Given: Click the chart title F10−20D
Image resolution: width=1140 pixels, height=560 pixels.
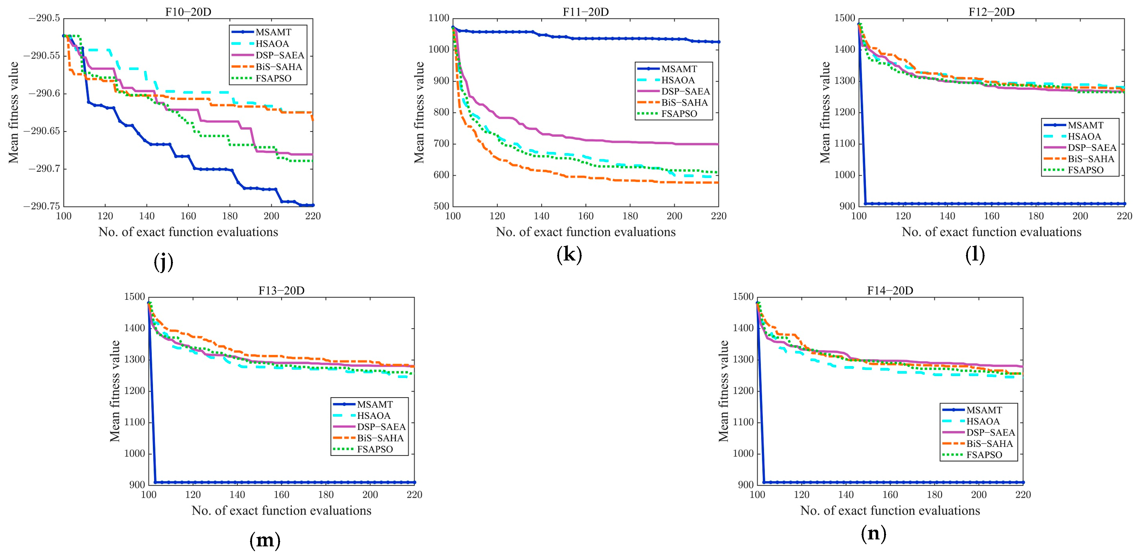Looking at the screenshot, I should point(188,12).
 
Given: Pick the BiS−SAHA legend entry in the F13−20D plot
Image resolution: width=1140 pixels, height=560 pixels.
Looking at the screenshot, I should point(380,438).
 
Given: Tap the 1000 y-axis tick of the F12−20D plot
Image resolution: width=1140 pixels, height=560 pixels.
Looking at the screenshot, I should point(844,175).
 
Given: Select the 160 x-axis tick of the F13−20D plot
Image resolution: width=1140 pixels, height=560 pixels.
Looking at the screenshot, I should point(282,495).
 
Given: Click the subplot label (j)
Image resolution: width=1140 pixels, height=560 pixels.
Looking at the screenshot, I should point(163,262).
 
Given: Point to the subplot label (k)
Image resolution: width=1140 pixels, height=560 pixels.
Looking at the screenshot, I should point(569,255).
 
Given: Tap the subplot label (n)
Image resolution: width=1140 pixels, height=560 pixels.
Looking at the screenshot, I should point(873,534).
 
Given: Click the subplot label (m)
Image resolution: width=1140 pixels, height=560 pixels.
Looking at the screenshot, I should point(265,541).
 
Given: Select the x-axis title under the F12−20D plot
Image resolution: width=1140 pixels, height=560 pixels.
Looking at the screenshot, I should point(991,232).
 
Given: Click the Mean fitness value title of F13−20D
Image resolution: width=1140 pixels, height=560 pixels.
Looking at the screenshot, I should point(115,391).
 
